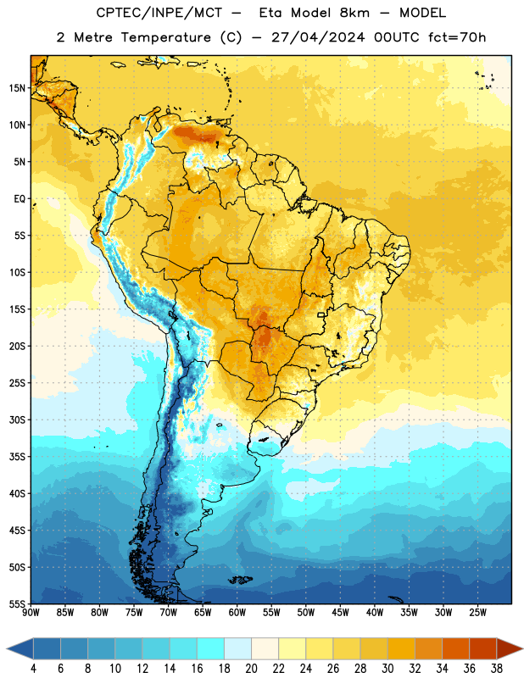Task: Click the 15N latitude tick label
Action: (x=17, y=88)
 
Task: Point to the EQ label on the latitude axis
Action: (x=20, y=199)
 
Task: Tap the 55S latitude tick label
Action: (x=17, y=603)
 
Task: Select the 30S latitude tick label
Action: (x=17, y=420)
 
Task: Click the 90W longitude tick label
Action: (x=31, y=612)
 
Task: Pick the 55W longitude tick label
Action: (x=271, y=612)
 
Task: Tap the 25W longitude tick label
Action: (x=477, y=612)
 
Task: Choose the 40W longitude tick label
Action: (x=375, y=612)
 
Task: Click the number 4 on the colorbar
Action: (x=33, y=669)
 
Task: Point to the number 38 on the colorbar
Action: (x=497, y=669)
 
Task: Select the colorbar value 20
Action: (x=251, y=669)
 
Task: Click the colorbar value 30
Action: (x=387, y=669)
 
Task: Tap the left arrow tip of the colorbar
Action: (x=7, y=648)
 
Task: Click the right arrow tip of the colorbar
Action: (x=522, y=648)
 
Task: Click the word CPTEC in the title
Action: (x=115, y=14)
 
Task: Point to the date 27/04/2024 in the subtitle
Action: (x=319, y=37)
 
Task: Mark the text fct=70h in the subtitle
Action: (x=457, y=37)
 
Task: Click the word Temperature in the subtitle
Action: (x=165, y=37)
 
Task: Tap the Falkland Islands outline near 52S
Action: (x=241, y=580)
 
